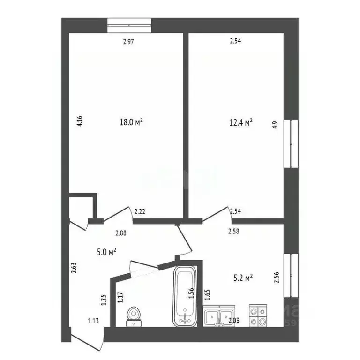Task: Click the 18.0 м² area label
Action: tap(131, 122)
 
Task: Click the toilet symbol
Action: tap(135, 315)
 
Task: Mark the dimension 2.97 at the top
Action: tap(129, 42)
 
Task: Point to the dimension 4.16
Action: tap(80, 122)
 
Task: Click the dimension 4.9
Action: tap(276, 125)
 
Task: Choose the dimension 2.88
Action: tap(121, 232)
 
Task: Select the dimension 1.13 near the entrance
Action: tap(93, 321)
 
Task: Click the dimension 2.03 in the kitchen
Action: tap(233, 321)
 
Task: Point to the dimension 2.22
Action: tap(140, 212)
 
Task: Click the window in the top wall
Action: tap(129, 25)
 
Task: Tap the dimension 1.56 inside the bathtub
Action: tap(191, 293)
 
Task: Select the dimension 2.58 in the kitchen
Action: tap(234, 231)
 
